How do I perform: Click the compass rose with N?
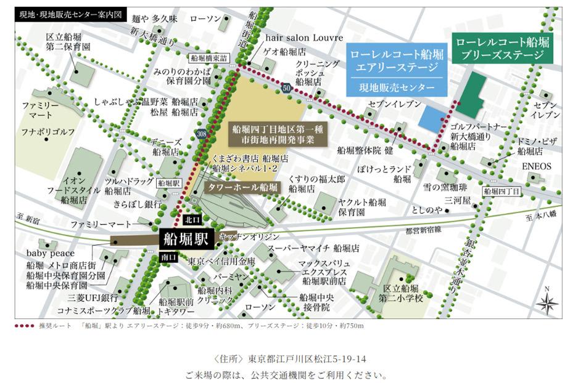point(547,302)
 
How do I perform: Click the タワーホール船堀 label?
point(242,187)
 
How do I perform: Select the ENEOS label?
point(537,166)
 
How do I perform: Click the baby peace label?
point(50,253)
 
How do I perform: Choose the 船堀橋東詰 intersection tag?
point(209,58)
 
